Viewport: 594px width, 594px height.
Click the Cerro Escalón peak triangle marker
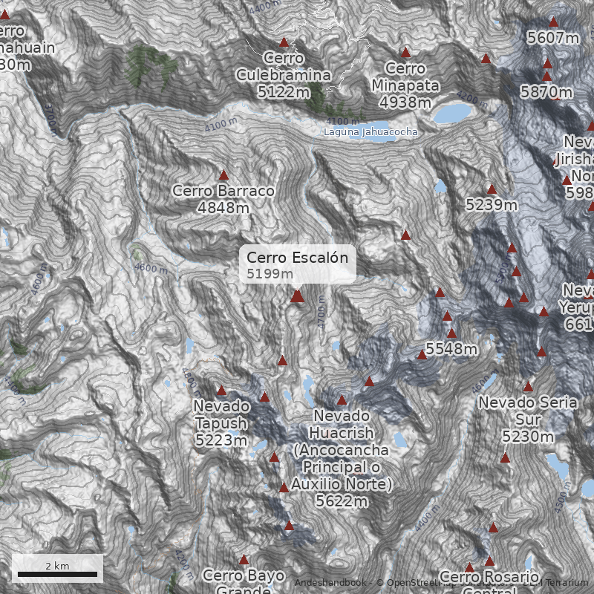[x=297, y=296]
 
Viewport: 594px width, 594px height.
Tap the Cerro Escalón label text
[x=297, y=258]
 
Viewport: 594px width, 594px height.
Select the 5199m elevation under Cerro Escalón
[x=270, y=273]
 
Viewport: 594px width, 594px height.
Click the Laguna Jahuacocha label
[x=371, y=132]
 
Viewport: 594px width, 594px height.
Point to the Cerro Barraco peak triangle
[x=223, y=175]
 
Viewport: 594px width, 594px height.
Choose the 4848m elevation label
[x=223, y=207]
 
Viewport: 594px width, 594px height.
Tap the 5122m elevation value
[x=284, y=92]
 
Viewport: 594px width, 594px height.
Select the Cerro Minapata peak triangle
[x=405, y=53]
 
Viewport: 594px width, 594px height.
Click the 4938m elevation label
[x=405, y=102]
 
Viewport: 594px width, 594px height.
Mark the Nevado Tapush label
[x=221, y=414]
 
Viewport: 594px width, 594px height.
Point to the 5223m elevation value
[x=221, y=440]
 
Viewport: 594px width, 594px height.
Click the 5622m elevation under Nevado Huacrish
[x=342, y=501]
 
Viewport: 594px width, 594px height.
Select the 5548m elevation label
[x=451, y=348]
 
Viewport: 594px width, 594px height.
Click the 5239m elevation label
[x=492, y=204]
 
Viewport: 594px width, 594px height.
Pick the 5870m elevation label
[x=546, y=92]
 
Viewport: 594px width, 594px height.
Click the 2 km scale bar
[x=57, y=573]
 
